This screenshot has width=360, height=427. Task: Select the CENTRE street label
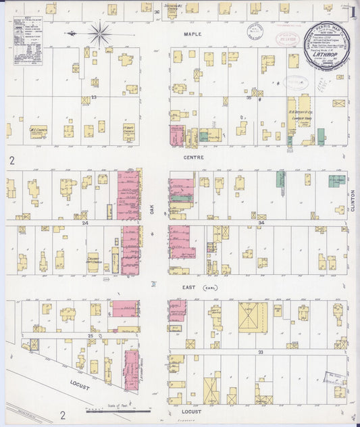point(193,157)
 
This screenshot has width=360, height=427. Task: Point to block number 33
point(257,352)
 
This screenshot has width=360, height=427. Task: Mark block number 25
point(91,335)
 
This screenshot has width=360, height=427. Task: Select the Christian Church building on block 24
point(94,260)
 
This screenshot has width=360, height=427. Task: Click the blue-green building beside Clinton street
point(336,181)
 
